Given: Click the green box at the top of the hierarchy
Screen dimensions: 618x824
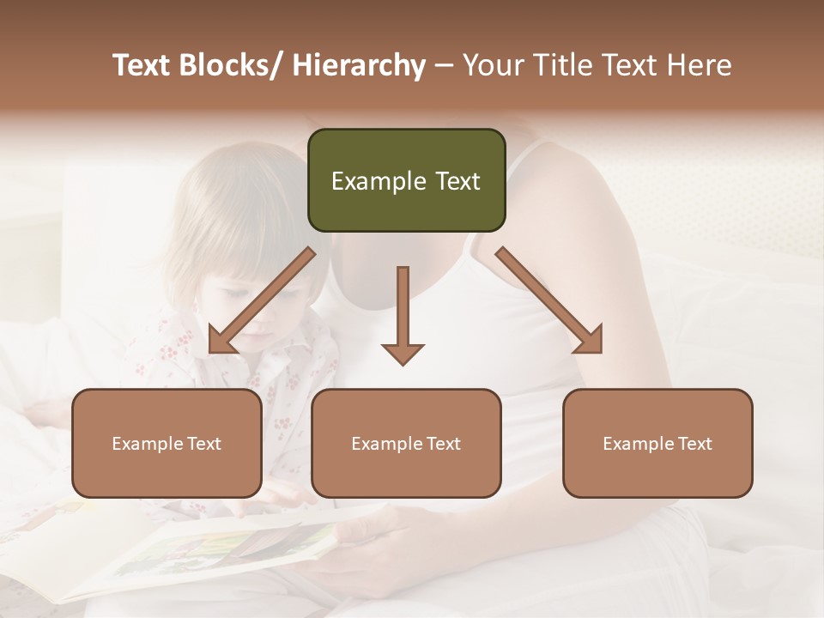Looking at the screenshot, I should coord(406,180).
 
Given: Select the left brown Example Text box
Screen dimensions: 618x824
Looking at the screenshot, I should coord(167,443).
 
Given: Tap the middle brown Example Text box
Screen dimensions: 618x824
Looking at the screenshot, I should coord(406,443).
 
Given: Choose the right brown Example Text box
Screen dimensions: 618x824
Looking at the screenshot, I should coord(657,443).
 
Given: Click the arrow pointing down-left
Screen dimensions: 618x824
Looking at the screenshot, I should coord(261,300).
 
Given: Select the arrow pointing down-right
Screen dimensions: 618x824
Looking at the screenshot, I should coord(549,300).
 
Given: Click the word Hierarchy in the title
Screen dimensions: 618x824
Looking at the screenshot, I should coord(359,65).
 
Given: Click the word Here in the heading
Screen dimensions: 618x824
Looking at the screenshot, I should coord(700,65).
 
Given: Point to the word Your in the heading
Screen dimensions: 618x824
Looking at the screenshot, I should coord(492,65).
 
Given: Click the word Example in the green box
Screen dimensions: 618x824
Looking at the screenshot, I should coord(379,181).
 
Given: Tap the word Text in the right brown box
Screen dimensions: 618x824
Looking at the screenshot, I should coord(694,444).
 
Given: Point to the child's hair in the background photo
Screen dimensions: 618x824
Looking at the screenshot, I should coord(232,215).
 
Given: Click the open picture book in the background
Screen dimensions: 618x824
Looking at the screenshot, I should coord(197,549).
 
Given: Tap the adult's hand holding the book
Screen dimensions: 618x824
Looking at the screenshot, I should coord(360,549).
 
